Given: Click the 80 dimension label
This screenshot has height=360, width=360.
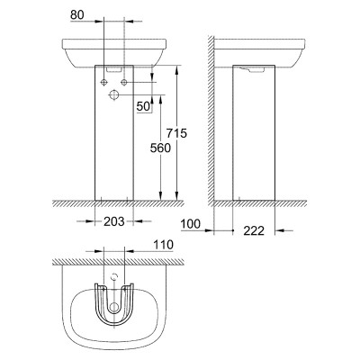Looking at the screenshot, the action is click(77, 14).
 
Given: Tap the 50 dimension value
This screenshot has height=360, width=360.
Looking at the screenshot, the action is click(143, 106).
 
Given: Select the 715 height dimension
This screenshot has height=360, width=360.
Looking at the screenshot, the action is click(176, 133).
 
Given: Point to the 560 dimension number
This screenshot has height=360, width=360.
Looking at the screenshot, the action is click(160, 148).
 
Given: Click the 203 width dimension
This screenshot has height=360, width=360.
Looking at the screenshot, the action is click(114, 221).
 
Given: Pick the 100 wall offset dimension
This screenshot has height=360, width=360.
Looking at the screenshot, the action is click(191, 224).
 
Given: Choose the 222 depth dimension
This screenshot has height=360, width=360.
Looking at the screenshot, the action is click(254, 230).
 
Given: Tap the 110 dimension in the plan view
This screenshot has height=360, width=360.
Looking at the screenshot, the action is click(163, 245).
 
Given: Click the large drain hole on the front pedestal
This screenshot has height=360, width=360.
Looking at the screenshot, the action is click(113, 94).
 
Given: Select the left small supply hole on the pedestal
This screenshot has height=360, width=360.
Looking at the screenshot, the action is click(103, 82).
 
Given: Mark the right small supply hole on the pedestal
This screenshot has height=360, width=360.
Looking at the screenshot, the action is click(124, 82).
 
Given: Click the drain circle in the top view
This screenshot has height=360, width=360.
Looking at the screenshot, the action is click(113, 307).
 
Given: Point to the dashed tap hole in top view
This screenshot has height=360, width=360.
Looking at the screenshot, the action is click(113, 277).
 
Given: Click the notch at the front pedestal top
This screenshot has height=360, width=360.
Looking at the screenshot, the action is click(113, 69).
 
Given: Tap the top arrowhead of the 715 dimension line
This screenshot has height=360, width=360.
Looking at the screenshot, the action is click(177, 69).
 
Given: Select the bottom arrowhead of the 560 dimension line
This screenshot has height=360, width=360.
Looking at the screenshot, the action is click(161, 195).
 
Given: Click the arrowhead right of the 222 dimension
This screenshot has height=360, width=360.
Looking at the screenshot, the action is click(279, 230).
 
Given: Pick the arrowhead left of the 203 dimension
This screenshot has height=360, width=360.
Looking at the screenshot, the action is click(90, 221).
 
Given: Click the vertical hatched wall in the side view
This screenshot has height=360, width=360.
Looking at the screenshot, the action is click(211, 120).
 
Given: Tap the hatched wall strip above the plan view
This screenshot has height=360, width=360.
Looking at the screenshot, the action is click(118, 262).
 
